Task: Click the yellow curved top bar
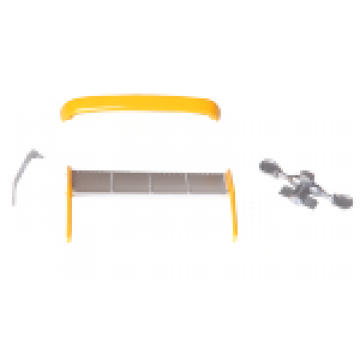141,103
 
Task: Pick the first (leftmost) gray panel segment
92,182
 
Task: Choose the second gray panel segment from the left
131,182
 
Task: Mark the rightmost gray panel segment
205,182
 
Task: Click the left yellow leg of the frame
69,204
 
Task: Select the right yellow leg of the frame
232,204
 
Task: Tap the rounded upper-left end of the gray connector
268,166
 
